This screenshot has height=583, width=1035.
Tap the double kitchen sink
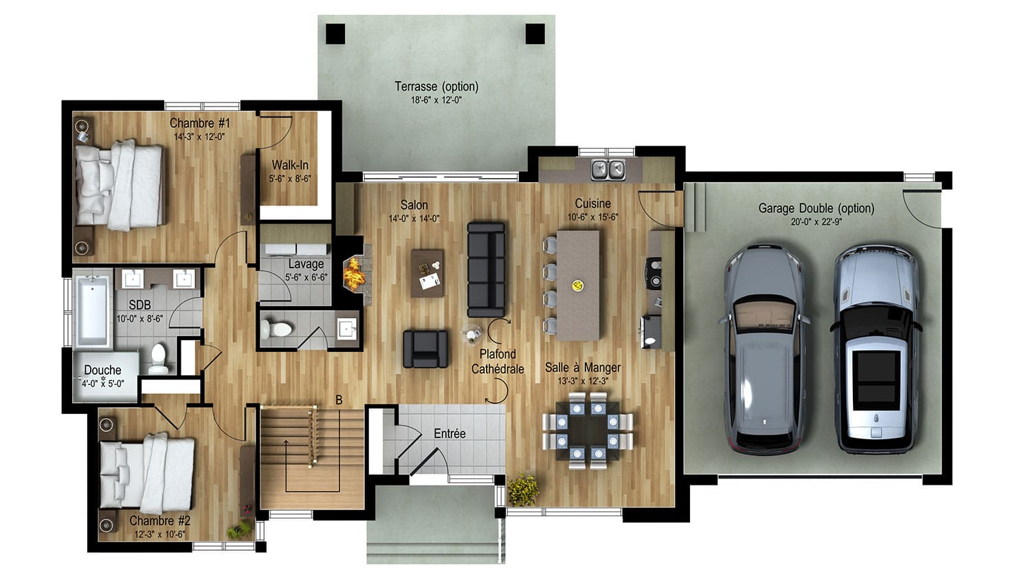pyautogui.click(x=608, y=169)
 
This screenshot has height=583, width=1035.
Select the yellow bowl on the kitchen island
pyautogui.click(x=577, y=285)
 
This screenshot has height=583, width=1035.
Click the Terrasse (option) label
pyautogui.click(x=436, y=87)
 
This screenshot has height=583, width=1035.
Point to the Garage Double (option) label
pyautogui.click(x=816, y=208)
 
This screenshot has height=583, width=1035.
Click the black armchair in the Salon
pyautogui.click(x=425, y=349)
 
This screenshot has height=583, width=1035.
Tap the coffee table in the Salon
pyautogui.click(x=428, y=273)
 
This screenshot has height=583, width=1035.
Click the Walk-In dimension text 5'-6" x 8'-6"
pyautogui.click(x=290, y=179)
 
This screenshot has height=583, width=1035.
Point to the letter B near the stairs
pyautogui.click(x=339, y=400)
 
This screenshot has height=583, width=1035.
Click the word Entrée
pyautogui.click(x=449, y=434)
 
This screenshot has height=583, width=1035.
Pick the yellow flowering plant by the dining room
pyautogui.click(x=523, y=489)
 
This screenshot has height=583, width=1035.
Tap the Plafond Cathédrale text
pyautogui.click(x=498, y=362)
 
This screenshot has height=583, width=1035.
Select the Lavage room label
pyautogui.click(x=306, y=265)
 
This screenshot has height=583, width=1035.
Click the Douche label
pyautogui.click(x=102, y=371)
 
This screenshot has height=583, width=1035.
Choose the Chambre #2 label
pyautogui.click(x=160, y=520)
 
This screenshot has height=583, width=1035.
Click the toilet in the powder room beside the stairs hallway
pyautogui.click(x=276, y=329)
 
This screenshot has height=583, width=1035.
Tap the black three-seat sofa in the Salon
pyautogui.click(x=486, y=269)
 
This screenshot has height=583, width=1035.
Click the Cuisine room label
pyautogui.click(x=593, y=203)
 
